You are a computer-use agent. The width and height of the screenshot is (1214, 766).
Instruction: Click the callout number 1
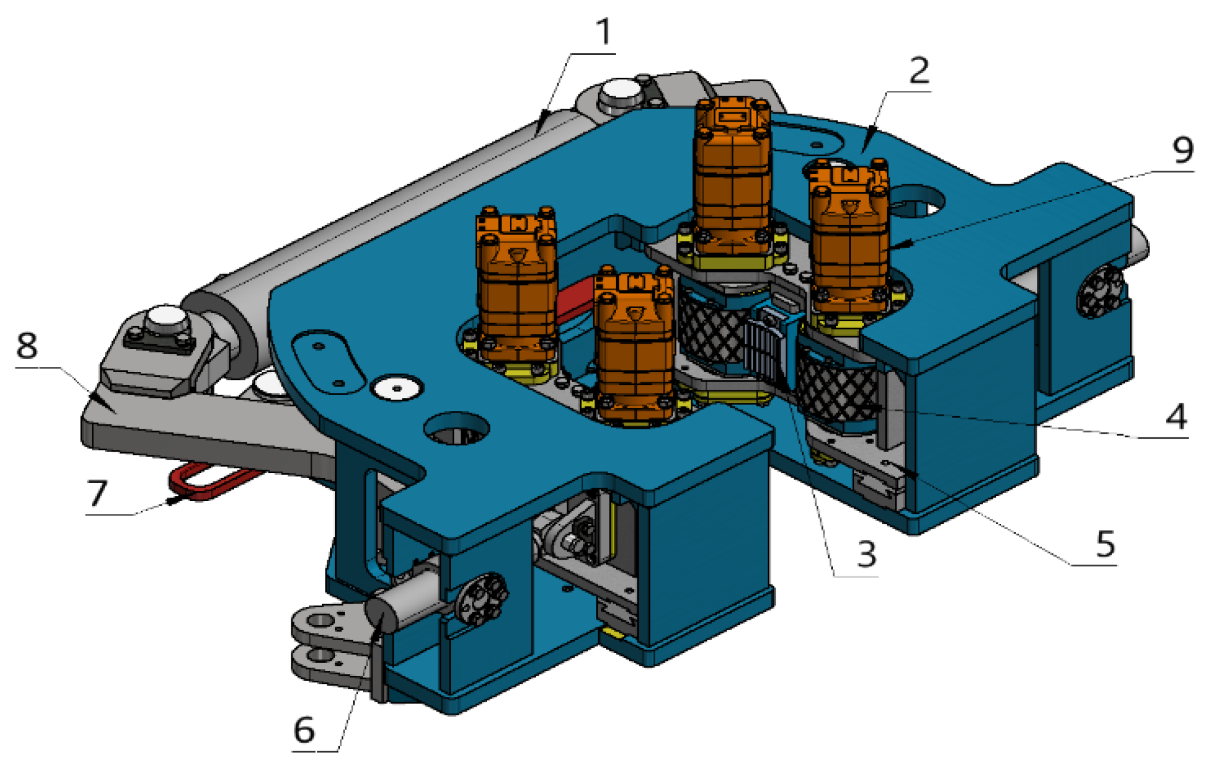[x=604, y=32]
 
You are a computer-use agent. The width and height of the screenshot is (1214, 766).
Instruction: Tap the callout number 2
[x=919, y=70]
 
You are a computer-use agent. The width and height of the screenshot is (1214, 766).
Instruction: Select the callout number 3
[x=867, y=553]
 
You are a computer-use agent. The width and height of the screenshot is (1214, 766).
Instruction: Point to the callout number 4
[x=1176, y=416]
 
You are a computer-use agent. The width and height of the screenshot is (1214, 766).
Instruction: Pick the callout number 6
[x=304, y=730]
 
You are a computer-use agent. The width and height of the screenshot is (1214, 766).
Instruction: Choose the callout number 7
[x=98, y=493]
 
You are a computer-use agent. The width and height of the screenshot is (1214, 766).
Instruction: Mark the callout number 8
[x=27, y=345]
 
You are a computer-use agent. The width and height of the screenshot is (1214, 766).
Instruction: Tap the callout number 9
[x=1183, y=149]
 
